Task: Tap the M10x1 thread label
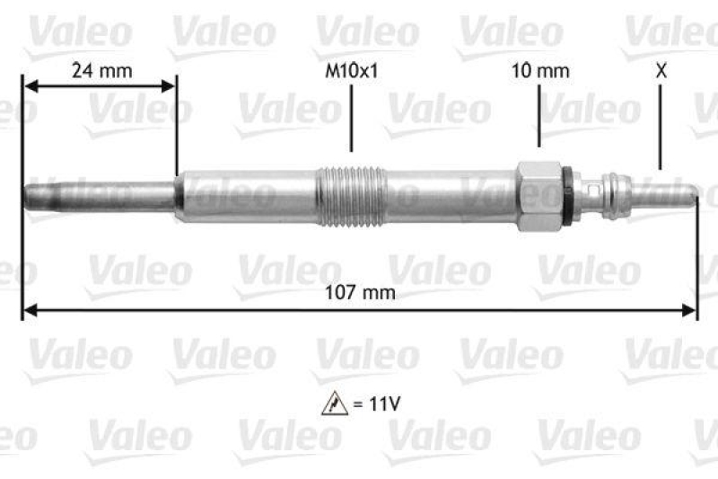(351, 69)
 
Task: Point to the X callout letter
(661, 69)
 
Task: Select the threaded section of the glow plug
(351, 195)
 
